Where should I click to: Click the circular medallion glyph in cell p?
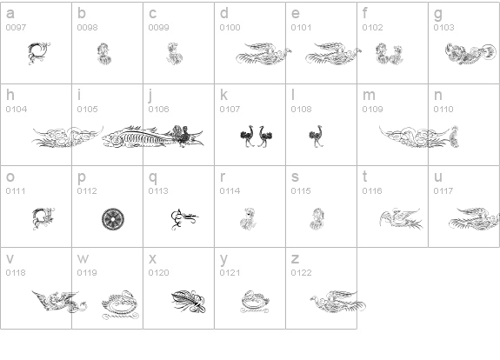pyautogui.click(x=113, y=219)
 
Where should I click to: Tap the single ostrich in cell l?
pyautogui.click(x=316, y=137)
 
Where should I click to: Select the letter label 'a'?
pyautogui.click(x=10, y=13)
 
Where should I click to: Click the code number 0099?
pyautogui.click(x=158, y=28)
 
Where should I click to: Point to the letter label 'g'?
pyautogui.click(x=438, y=15)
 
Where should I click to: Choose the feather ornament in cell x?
pyautogui.click(x=189, y=302)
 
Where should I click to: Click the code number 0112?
pyautogui.click(x=87, y=191)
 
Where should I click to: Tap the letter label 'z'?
pyautogui.click(x=295, y=259)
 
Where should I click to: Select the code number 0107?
pyautogui.click(x=230, y=110)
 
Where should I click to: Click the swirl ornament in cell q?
pyautogui.click(x=184, y=219)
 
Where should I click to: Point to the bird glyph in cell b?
pyautogui.click(x=104, y=54)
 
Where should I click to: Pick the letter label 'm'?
pyautogui.click(x=369, y=96)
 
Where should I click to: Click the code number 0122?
pyautogui.click(x=301, y=273)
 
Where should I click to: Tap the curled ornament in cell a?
pyautogui.click(x=39, y=54)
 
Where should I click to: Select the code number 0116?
pyautogui.click(x=372, y=191)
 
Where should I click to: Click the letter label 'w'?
pyautogui.click(x=83, y=259)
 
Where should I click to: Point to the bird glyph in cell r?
pyautogui.click(x=248, y=219)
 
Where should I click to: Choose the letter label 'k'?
pyautogui.click(x=223, y=95)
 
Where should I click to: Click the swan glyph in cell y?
pyautogui.click(x=255, y=302)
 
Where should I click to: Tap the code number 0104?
pyautogui.click(x=17, y=110)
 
